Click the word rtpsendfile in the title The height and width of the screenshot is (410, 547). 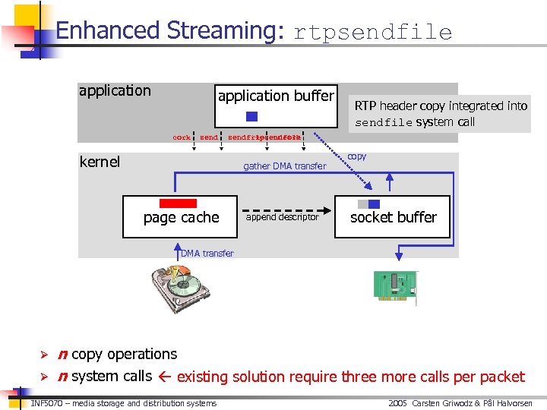tap(372, 32)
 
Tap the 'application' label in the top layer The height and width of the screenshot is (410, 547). tap(115, 91)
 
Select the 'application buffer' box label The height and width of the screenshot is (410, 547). tap(276, 96)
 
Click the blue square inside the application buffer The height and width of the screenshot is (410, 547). tap(252, 117)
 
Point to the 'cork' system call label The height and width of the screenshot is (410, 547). tap(182, 138)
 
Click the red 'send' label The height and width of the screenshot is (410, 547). tap(209, 138)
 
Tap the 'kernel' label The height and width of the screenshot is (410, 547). tap(100, 162)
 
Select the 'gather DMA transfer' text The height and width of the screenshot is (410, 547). tap(284, 166)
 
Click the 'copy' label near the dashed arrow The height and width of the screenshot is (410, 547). tap(356, 156)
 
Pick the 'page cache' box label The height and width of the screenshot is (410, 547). tap(181, 218)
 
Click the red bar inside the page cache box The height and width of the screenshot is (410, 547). tap(178, 203)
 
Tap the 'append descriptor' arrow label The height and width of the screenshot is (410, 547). tap(283, 217)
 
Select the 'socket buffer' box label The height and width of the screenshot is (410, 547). tap(393, 217)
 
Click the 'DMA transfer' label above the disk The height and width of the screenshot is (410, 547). tap(207, 254)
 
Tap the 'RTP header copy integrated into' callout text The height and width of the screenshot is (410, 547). tap(441, 106)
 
